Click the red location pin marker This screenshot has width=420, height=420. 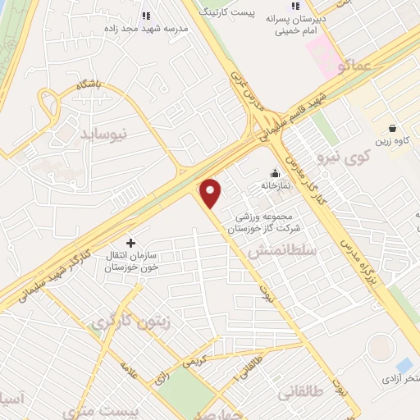coord(211,194)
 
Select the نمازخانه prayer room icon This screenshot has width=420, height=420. coord(275,173)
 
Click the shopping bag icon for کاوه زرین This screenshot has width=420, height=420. coord(392,128)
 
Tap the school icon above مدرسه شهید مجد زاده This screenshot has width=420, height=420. coord(146,15)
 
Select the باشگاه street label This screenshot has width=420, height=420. coord(87,83)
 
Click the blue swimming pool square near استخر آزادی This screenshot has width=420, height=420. coord(404,364)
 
